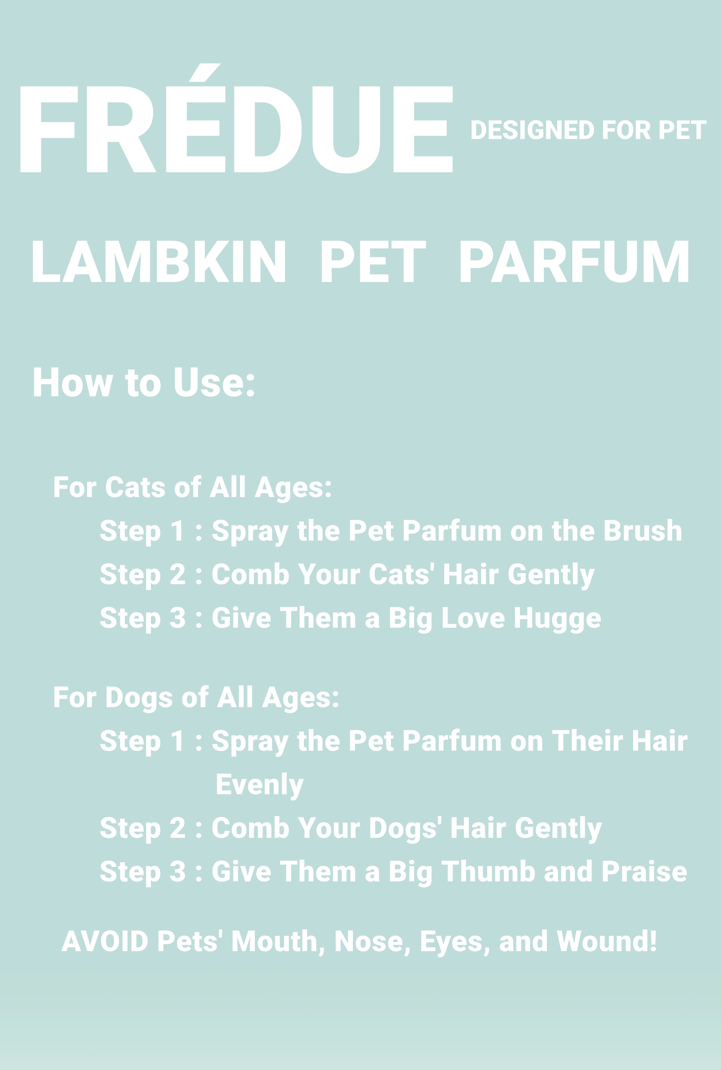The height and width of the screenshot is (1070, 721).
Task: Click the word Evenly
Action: click(260, 785)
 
